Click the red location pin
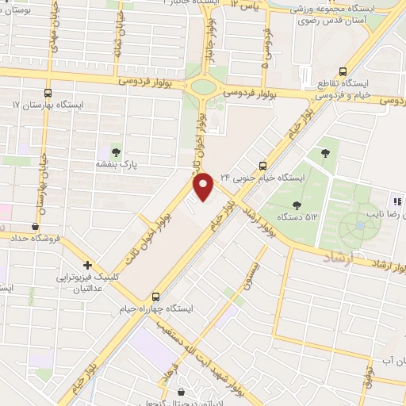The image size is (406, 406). [x=204, y=186]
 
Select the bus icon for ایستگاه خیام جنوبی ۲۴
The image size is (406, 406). [x=262, y=165]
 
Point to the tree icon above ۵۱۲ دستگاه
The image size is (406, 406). [x=297, y=205]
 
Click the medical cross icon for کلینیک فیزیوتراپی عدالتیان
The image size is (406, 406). [x=87, y=265]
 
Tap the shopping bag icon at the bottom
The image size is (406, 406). [x=182, y=392]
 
